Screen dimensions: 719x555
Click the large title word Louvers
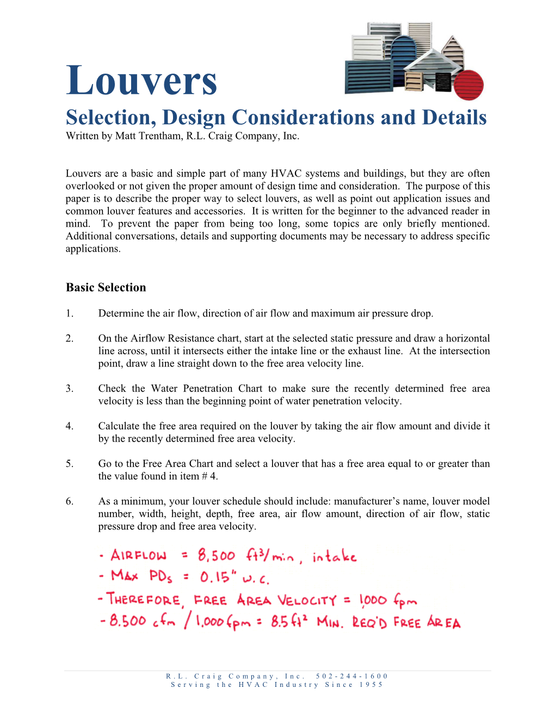[x=141, y=81]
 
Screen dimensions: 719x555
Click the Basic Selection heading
[x=106, y=288]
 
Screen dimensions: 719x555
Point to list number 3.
[x=69, y=388]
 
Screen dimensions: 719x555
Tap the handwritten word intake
[x=335, y=557]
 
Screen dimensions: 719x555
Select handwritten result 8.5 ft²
[x=289, y=621]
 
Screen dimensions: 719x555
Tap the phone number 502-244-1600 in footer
[x=351, y=676]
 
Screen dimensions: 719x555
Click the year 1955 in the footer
[x=371, y=685]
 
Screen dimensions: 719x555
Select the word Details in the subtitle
[x=454, y=118]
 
